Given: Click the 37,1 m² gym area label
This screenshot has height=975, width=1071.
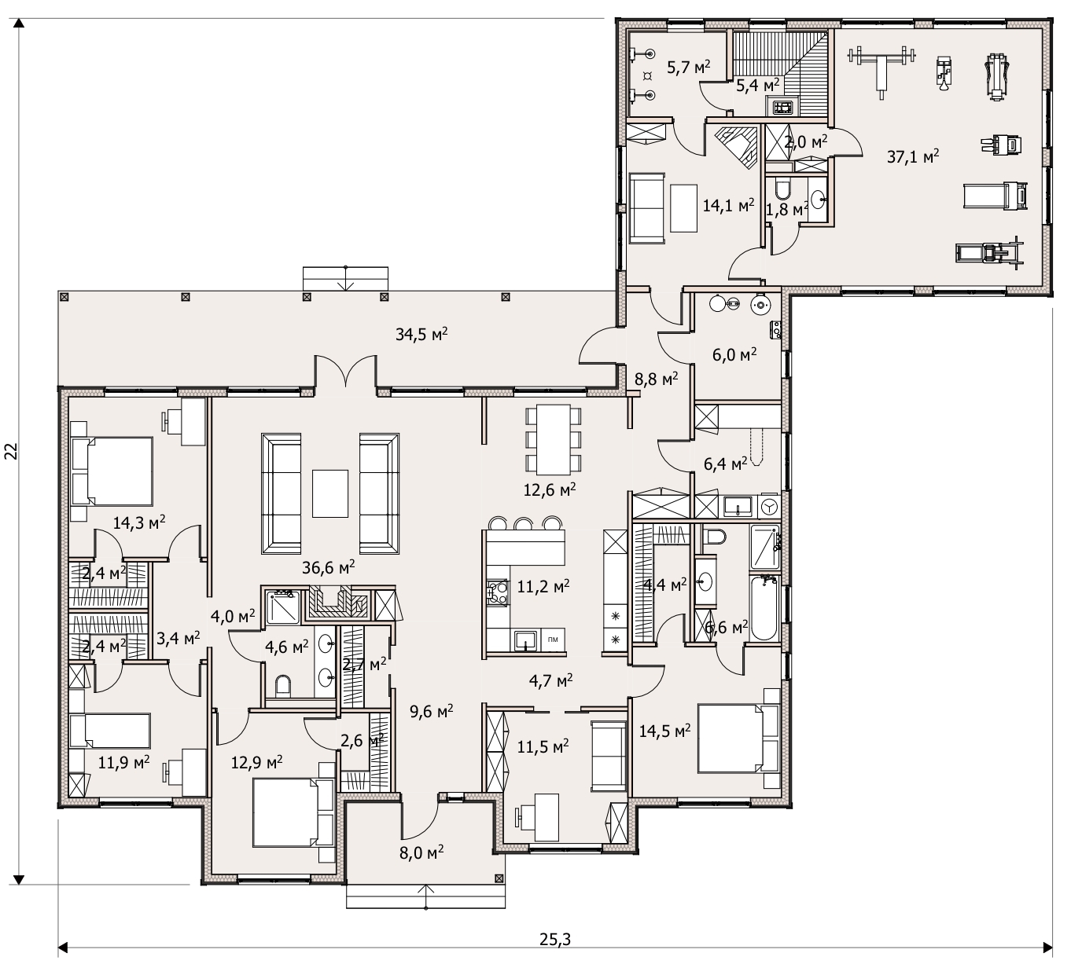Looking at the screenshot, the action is click(912, 156).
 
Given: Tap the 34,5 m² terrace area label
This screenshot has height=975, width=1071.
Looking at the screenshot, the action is click(421, 334).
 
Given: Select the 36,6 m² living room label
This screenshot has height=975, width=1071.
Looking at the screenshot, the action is click(329, 567).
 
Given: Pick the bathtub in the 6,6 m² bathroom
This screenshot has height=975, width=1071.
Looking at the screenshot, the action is click(764, 608).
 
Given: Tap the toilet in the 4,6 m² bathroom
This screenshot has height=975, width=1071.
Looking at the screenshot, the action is click(283, 686).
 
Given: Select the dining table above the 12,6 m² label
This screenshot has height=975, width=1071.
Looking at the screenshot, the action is click(553, 440).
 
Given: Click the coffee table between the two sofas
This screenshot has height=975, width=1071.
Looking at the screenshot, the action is click(330, 493).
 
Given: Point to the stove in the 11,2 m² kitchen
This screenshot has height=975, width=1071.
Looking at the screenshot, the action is click(497, 592).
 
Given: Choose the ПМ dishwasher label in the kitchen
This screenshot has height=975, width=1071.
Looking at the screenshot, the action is click(553, 640).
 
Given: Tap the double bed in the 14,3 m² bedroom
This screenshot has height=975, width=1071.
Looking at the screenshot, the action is click(112, 471).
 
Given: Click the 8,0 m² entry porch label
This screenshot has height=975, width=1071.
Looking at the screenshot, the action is click(421, 852).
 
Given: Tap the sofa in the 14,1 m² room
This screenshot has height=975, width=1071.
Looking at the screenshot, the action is click(647, 208).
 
